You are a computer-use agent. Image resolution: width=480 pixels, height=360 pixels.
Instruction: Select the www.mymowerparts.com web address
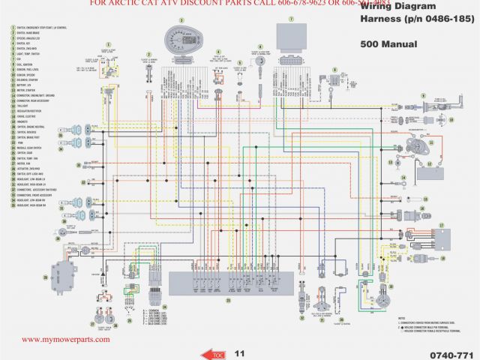pyautogui.click(x=65, y=339)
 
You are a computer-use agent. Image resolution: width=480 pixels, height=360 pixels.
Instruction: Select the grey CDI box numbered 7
pyautogui.click(x=290, y=35)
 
